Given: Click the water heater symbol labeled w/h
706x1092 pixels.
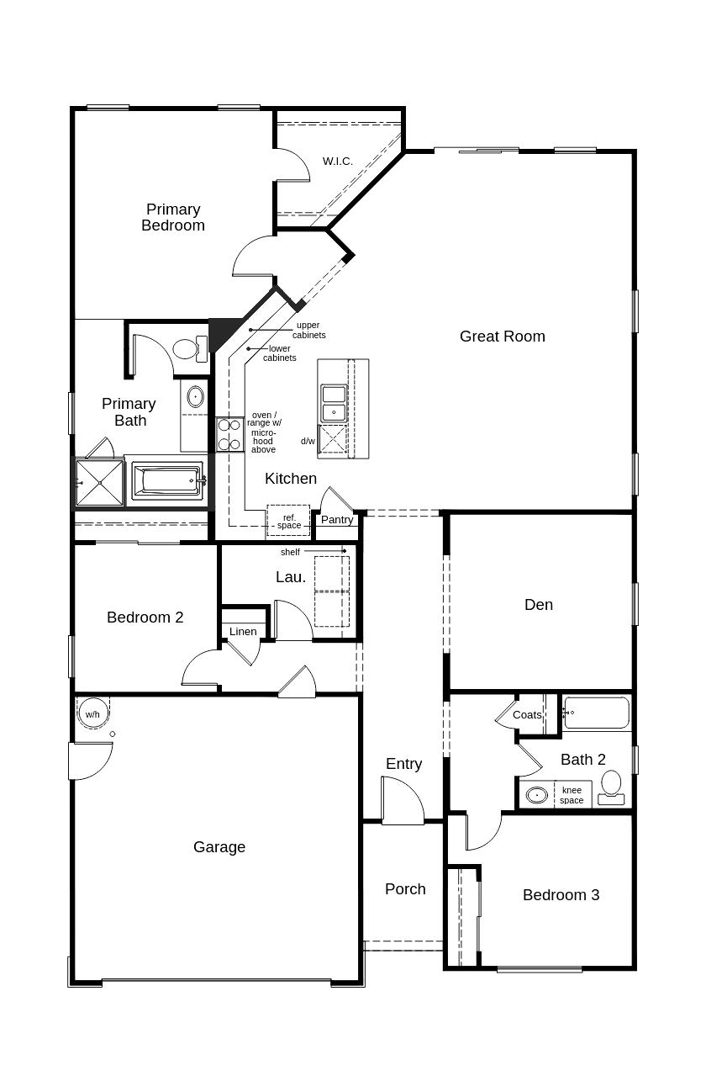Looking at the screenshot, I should [x=92, y=714].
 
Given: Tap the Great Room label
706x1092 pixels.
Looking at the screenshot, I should [x=502, y=337].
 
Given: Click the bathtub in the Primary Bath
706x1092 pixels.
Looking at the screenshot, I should [x=168, y=481].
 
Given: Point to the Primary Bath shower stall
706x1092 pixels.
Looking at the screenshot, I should [x=99, y=482].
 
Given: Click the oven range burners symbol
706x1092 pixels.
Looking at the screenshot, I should [x=229, y=434].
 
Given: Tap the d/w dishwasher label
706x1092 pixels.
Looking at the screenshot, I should [x=308, y=441].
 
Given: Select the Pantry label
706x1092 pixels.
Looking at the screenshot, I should [x=337, y=520].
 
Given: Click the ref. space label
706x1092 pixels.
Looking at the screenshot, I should [x=288, y=522].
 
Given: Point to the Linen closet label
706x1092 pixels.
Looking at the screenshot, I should [x=243, y=632].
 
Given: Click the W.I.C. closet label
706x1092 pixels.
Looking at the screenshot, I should [x=337, y=161].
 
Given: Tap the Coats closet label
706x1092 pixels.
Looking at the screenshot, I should [x=527, y=715].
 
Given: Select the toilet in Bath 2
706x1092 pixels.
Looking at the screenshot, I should [x=611, y=785].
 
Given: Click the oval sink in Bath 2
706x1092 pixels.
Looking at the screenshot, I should [x=536, y=794].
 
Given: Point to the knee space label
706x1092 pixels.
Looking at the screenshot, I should [x=572, y=795].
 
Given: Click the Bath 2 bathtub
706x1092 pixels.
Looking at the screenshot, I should [x=596, y=713].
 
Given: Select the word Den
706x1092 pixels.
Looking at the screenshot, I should [x=539, y=605].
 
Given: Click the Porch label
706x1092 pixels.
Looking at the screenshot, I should [x=405, y=889].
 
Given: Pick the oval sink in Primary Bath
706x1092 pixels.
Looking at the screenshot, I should [x=195, y=395].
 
